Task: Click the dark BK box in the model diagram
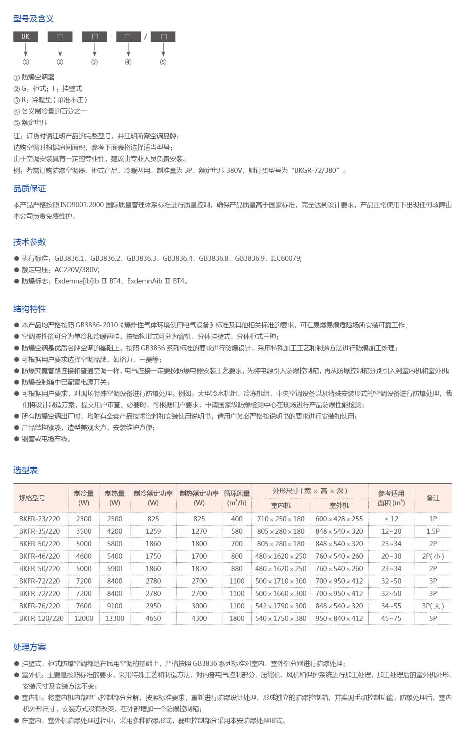coord(25,37)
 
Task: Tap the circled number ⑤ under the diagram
coord(163,62)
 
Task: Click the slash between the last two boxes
coord(146,37)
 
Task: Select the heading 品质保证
coord(30,188)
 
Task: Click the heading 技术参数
coord(30,242)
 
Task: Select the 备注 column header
coord(433,498)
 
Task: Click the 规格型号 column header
coord(32,498)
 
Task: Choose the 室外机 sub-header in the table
coord(339,505)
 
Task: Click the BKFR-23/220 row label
coord(39,519)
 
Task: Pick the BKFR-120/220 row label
coord(41,618)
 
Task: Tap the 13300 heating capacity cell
coord(115,618)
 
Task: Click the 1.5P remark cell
coord(433,531)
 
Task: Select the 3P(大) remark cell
coord(433,606)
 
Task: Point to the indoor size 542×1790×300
coord(280,606)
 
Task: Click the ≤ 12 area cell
coord(391,519)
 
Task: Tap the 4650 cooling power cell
coord(153,618)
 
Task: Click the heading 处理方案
coord(30,647)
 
